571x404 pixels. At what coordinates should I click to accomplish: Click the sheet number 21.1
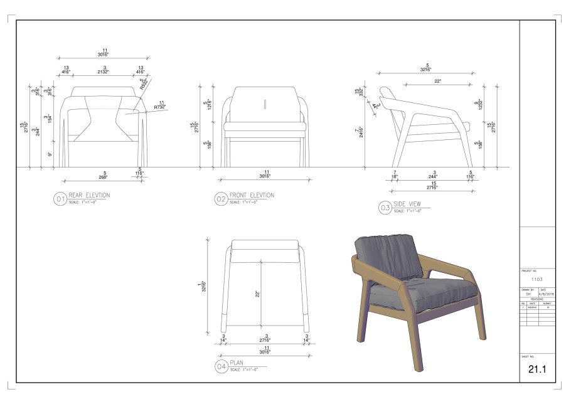point(537,370)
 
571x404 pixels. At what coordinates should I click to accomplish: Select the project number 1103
point(536,279)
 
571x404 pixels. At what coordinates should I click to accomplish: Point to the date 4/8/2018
point(545,294)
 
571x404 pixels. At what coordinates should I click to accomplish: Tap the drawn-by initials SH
point(528,294)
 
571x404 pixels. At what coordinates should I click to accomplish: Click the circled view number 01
point(60,199)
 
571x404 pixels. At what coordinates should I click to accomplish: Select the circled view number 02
point(221,199)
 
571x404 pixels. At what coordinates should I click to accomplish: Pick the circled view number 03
point(385,208)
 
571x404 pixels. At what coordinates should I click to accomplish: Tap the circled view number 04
point(221,367)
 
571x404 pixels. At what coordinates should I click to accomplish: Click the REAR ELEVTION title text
point(89,196)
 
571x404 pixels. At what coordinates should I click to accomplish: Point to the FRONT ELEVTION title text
point(252,196)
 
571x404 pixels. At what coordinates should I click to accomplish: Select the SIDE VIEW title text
point(411,204)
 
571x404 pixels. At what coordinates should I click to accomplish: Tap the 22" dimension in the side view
point(437,80)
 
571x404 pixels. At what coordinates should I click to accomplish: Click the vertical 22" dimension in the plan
point(258,293)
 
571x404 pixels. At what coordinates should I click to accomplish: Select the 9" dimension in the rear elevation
point(50,154)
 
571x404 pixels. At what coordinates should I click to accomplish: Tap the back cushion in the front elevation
point(264,104)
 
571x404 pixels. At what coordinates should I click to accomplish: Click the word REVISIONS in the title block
point(538,299)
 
